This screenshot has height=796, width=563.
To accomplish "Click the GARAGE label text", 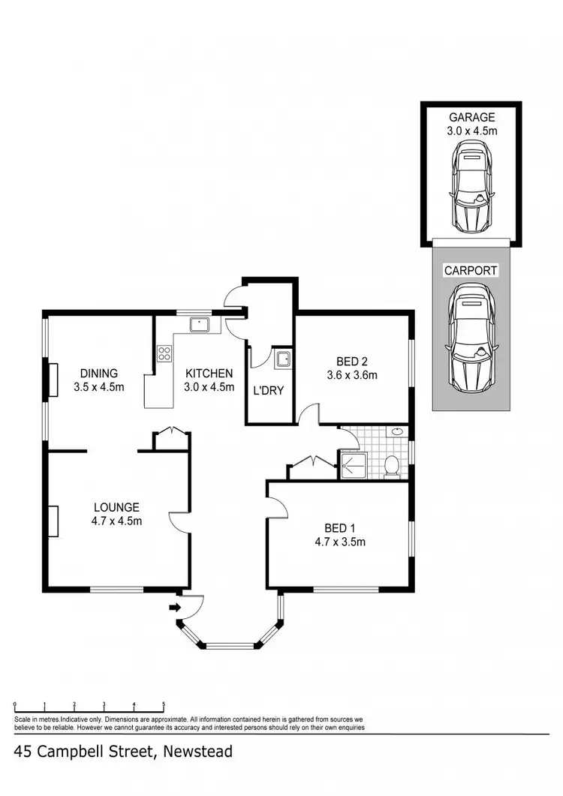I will (x=471, y=117).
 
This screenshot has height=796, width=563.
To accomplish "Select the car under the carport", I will (x=471, y=336).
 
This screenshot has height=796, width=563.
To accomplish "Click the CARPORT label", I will (x=471, y=270).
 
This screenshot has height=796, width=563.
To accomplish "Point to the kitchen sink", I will (x=200, y=324).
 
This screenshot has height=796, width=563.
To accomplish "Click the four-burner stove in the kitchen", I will (x=164, y=354).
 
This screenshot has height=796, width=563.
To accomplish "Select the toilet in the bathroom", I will (x=390, y=465).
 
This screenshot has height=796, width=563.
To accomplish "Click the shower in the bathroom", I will (x=351, y=464).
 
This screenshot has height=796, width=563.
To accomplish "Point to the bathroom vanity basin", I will (x=396, y=432).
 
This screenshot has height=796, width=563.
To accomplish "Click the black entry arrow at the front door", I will (x=175, y=607).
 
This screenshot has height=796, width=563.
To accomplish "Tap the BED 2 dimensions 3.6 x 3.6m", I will (x=351, y=375).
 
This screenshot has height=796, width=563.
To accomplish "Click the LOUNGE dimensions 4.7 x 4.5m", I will (x=117, y=521).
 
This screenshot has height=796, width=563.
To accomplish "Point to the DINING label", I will (x=99, y=373).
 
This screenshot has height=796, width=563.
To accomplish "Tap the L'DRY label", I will (x=268, y=390).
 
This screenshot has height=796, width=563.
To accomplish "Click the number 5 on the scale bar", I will (x=164, y=704).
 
